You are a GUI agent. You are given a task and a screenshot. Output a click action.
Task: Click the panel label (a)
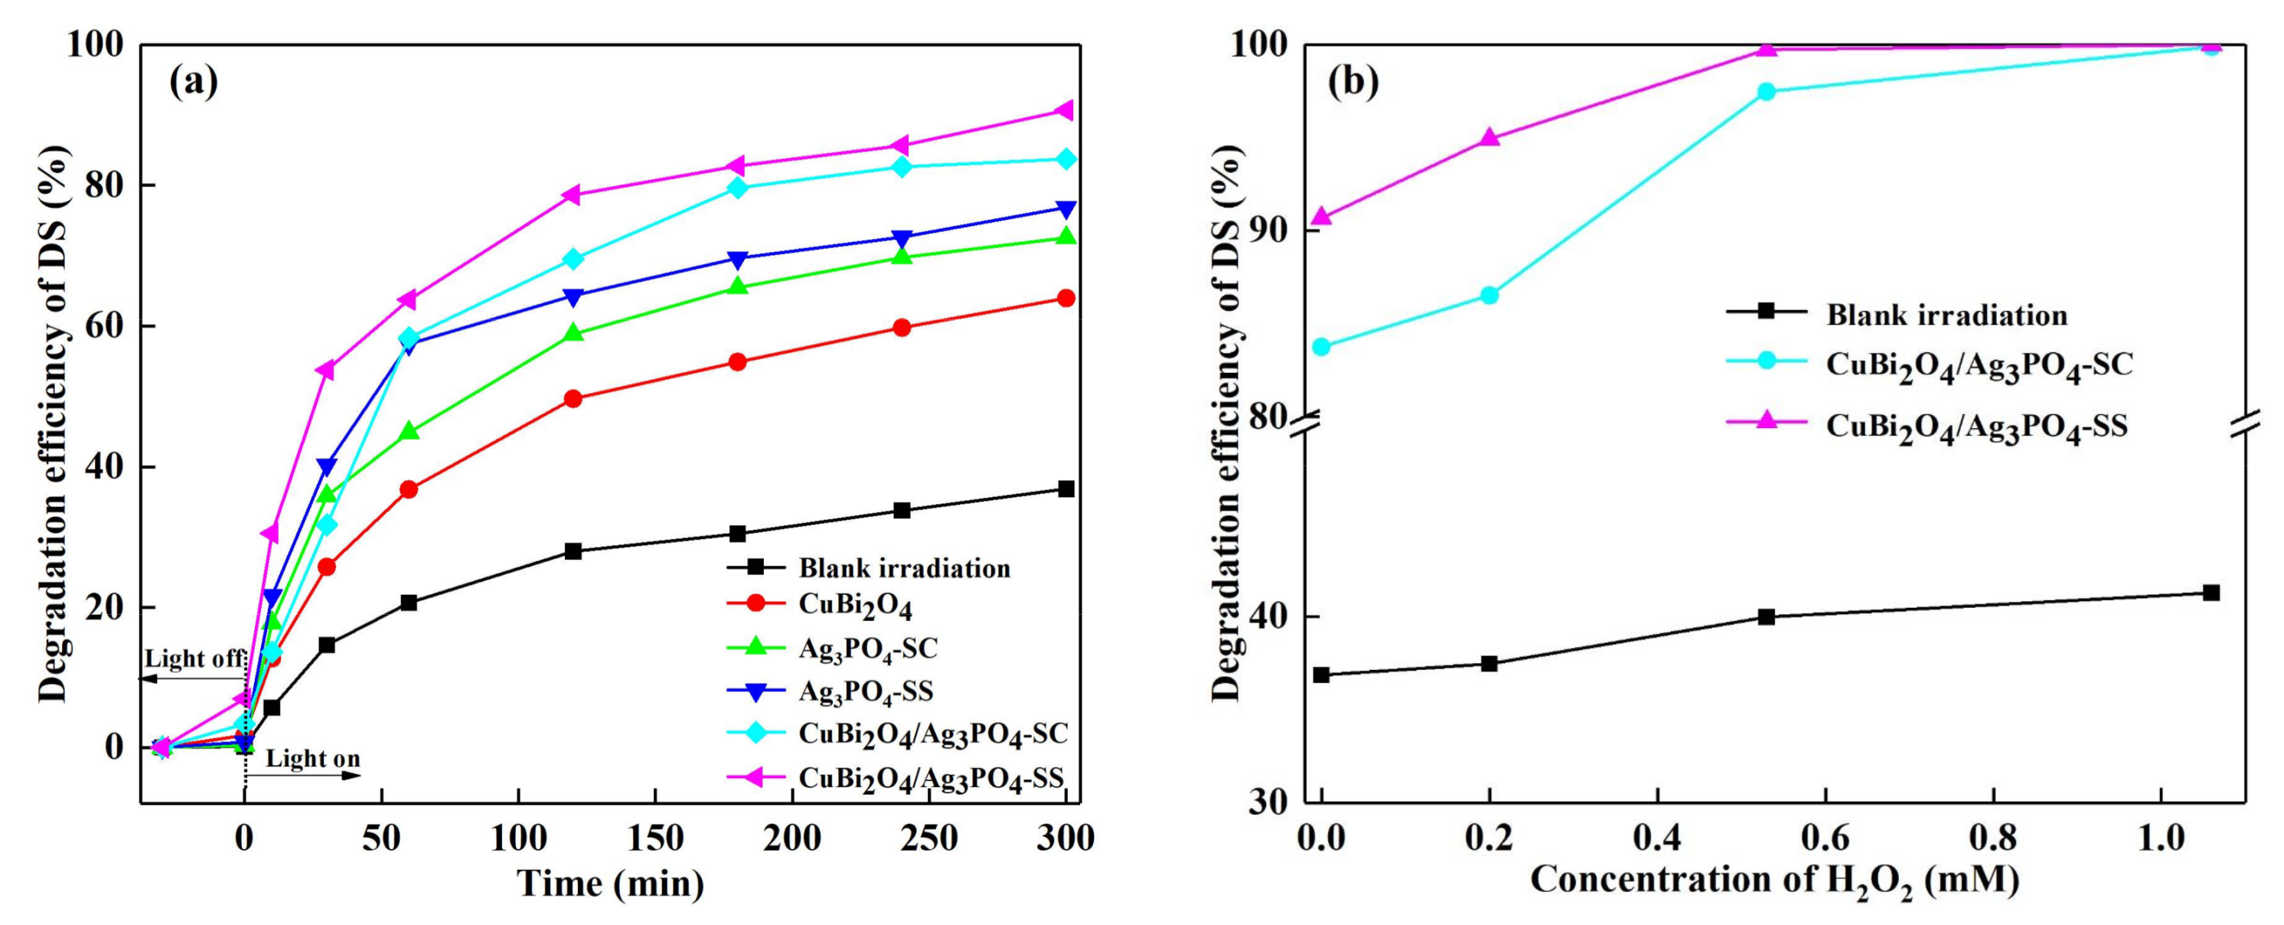click(x=194, y=83)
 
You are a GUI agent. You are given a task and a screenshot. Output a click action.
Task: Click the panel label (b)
click(x=1353, y=83)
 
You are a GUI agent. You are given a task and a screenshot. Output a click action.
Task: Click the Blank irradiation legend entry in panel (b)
click(x=1946, y=315)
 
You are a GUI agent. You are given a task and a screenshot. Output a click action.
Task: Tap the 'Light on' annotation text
click(x=312, y=759)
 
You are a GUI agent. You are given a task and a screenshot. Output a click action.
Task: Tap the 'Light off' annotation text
click(x=194, y=659)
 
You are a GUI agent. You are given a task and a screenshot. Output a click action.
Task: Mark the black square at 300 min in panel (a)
click(x=1065, y=489)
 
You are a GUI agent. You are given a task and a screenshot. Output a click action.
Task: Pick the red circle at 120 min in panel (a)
click(x=573, y=399)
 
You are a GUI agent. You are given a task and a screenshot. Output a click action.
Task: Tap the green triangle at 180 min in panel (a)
click(x=738, y=286)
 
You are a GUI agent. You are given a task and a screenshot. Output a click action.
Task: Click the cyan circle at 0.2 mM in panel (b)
click(x=1489, y=296)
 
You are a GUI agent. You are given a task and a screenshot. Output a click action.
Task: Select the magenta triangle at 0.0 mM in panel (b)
click(x=1322, y=217)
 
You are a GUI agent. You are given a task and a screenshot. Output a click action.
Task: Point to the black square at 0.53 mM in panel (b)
click(x=1767, y=617)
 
